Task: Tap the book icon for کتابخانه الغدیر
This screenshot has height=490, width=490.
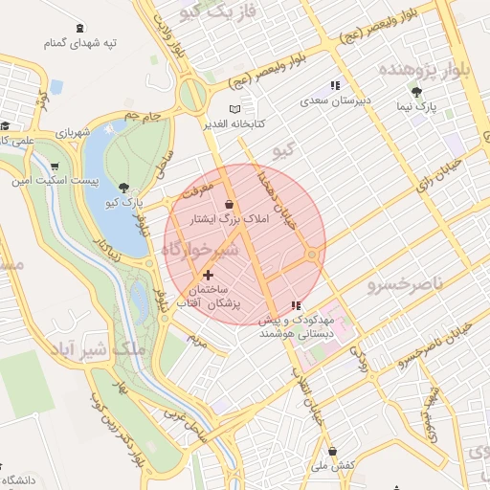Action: click(x=236, y=109)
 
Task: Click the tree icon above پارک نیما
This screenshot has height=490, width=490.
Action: click(x=416, y=92)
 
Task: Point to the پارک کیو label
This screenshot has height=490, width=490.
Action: click(x=123, y=203)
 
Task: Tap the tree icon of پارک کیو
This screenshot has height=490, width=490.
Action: click(x=123, y=188)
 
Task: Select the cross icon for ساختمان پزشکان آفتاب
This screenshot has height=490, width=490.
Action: click(x=208, y=275)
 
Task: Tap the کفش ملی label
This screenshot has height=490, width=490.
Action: click(x=332, y=464)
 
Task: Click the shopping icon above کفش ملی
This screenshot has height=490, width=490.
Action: click(x=332, y=451)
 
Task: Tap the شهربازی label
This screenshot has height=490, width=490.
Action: click(x=73, y=132)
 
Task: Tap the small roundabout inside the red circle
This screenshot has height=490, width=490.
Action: click(x=312, y=255)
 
